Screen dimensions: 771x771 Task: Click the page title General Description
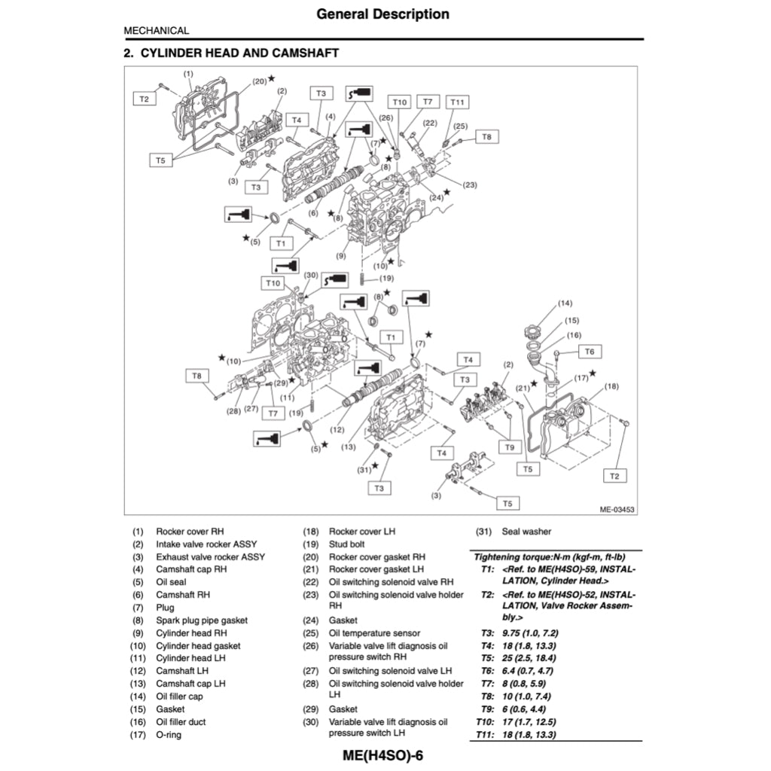382,14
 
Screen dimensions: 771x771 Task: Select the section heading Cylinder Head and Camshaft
230,53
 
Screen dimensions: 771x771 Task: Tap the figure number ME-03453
617,510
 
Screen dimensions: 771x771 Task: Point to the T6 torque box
590,352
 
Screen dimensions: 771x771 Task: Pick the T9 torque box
510,447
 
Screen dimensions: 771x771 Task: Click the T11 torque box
457,102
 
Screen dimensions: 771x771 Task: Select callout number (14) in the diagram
565,303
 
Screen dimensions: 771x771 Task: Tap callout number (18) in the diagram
611,386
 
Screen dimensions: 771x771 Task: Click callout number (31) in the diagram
365,469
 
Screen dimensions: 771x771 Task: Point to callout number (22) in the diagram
430,123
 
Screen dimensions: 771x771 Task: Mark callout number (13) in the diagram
348,447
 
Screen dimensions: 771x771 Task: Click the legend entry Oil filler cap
179,696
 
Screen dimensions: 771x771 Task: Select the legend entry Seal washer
526,531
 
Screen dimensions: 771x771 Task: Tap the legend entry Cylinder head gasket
197,645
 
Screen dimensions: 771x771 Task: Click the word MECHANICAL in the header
157,31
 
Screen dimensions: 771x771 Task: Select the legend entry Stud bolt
346,544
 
